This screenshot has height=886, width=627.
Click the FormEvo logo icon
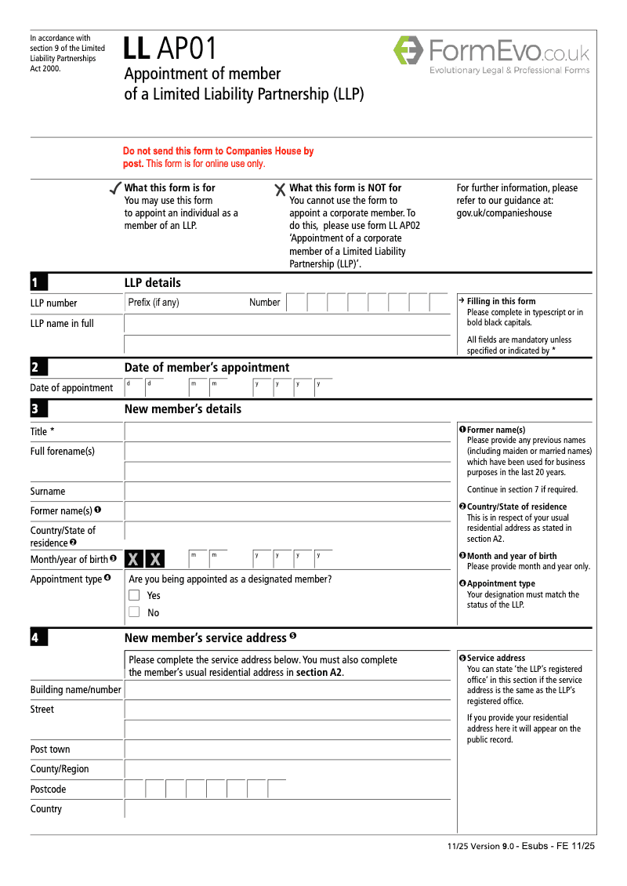(x=408, y=50)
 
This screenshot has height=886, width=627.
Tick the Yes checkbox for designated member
(x=134, y=595)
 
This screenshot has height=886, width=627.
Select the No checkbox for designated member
(x=134, y=612)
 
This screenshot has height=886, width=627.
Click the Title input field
(x=287, y=431)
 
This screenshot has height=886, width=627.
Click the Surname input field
(x=287, y=492)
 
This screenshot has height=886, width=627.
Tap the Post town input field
(x=287, y=749)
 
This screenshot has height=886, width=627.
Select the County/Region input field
(x=287, y=769)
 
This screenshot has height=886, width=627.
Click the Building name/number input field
(x=287, y=690)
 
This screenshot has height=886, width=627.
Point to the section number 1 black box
(x=38, y=282)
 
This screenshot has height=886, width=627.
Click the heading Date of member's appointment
(x=207, y=368)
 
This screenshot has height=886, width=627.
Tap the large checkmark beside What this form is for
(x=114, y=188)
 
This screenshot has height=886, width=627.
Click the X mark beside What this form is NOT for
(x=280, y=189)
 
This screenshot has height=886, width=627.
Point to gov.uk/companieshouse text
(x=504, y=213)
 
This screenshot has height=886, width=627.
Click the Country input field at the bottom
(x=287, y=809)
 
